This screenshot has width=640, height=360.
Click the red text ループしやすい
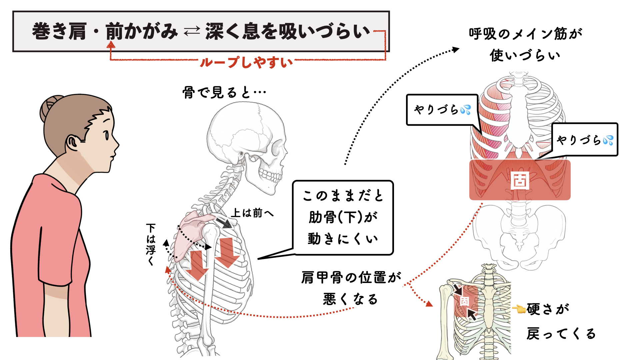(x=246, y=62)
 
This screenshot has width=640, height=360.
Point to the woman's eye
(x=106, y=135)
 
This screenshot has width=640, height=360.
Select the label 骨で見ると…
(x=224, y=92)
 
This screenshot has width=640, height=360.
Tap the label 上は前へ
(x=252, y=213)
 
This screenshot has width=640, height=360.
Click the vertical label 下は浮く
(x=151, y=244)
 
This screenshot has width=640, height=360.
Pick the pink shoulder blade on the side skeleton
(x=193, y=233)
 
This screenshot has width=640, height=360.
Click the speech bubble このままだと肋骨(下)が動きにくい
(x=343, y=217)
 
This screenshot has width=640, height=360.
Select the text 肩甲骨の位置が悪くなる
(x=351, y=288)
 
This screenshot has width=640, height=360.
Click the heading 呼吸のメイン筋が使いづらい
(x=525, y=44)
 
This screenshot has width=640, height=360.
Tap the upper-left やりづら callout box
(x=442, y=110)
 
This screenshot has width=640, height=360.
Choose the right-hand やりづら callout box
(x=585, y=139)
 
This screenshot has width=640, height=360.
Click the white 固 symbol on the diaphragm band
(x=520, y=180)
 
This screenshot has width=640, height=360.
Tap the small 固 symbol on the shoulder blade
(x=464, y=301)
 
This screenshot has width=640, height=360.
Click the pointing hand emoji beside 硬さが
(x=519, y=309)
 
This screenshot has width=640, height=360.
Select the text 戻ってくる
(x=561, y=333)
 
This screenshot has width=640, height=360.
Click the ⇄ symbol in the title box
(x=192, y=32)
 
